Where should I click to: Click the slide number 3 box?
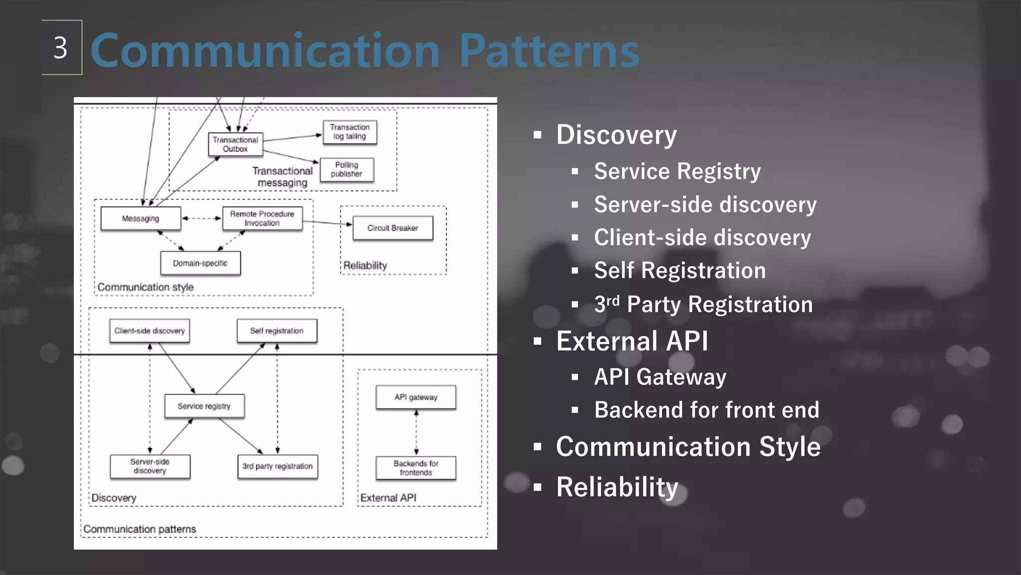pyautogui.click(x=61, y=48)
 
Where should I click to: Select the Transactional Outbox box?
pyautogui.click(x=235, y=144)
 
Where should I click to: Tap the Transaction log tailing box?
pyautogui.click(x=349, y=132)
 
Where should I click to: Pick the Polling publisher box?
pyautogui.click(x=346, y=170)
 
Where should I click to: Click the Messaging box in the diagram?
pyautogui.click(x=141, y=219)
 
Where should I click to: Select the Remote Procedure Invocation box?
pyautogui.click(x=262, y=219)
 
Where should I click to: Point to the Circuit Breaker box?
pyautogui.click(x=393, y=228)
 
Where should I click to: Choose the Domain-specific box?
pyautogui.click(x=200, y=263)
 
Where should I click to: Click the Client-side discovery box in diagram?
pyautogui.click(x=150, y=331)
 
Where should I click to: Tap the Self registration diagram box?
pyautogui.click(x=277, y=331)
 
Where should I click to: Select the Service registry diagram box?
pyautogui.click(x=204, y=406)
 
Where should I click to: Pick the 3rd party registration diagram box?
pyautogui.click(x=278, y=466)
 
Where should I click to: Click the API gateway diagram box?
pyautogui.click(x=416, y=397)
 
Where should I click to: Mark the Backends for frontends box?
pyautogui.click(x=416, y=468)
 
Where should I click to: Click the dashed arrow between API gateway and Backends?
pyautogui.click(x=416, y=433)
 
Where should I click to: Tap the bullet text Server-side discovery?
pyautogui.click(x=705, y=205)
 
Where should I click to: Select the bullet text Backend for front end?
pyautogui.click(x=706, y=410)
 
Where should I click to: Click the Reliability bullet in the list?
pyautogui.click(x=617, y=487)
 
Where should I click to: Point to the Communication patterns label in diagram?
pyautogui.click(x=140, y=529)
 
